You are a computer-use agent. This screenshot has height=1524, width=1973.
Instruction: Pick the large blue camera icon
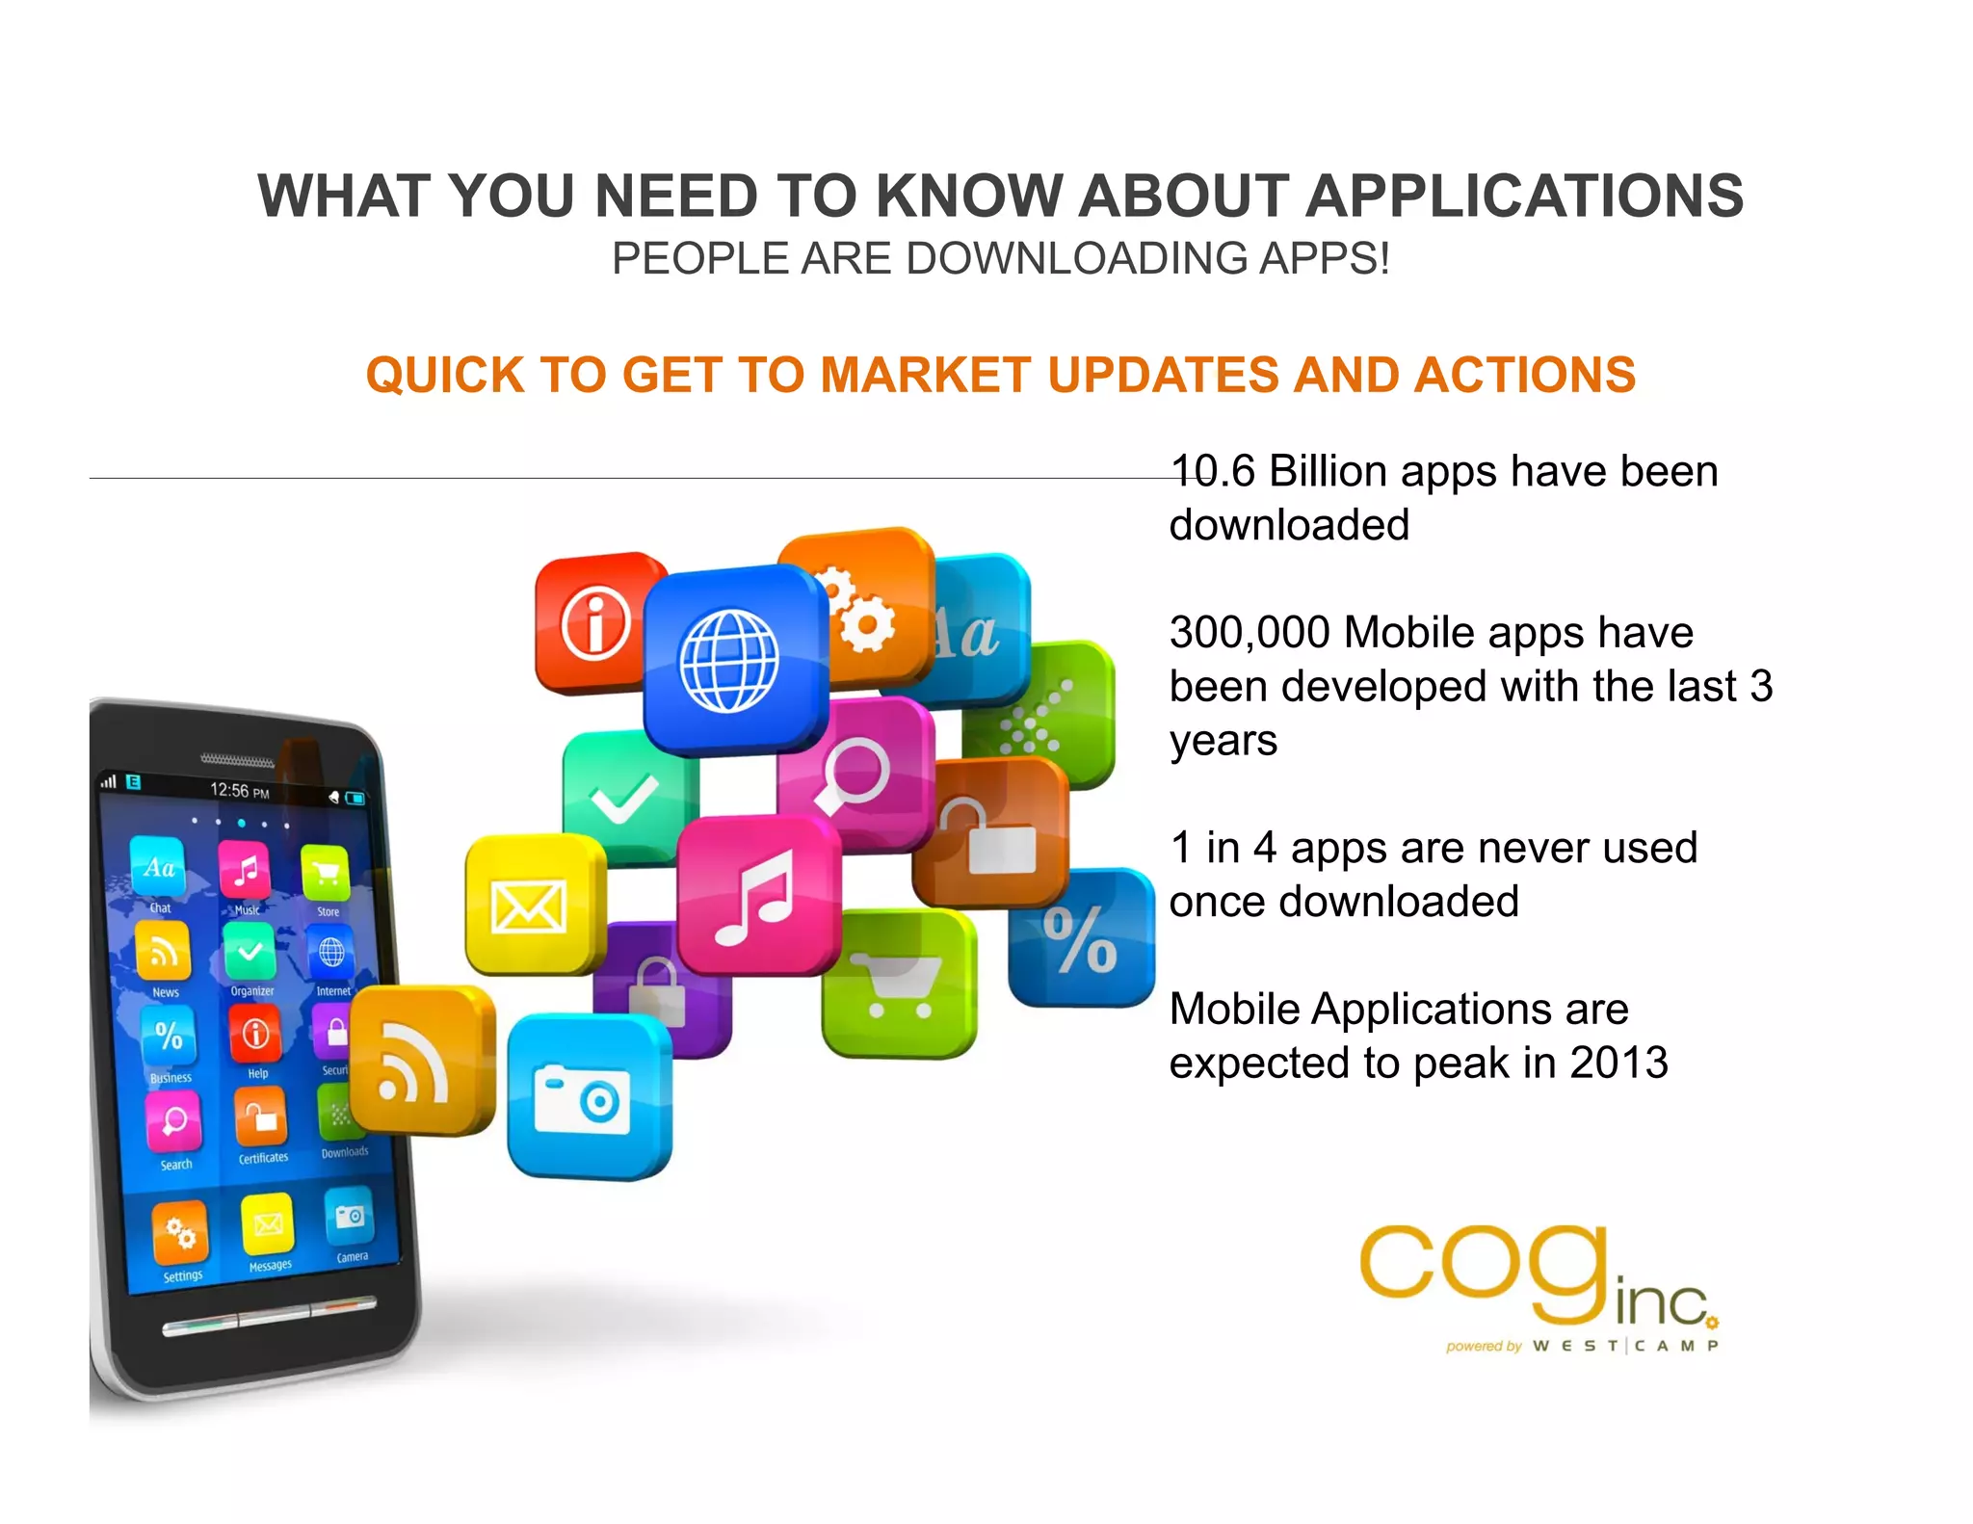tap(588, 1097)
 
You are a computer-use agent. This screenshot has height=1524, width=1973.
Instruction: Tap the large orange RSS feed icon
tap(421, 1059)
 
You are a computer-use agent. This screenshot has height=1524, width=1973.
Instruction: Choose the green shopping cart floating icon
tap(898, 982)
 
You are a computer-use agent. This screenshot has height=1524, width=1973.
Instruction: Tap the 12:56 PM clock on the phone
tap(239, 791)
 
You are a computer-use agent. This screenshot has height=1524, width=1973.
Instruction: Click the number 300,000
tap(1250, 633)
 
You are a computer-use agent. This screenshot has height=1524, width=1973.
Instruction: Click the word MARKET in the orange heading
tap(926, 375)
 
